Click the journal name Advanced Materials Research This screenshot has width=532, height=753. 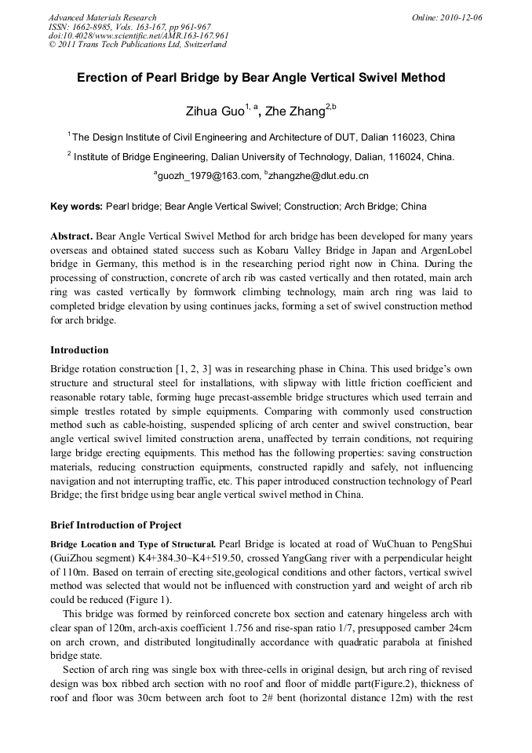102,17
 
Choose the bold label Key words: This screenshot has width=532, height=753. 76,207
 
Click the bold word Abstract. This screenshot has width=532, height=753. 71,236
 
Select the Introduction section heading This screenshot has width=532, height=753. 79,350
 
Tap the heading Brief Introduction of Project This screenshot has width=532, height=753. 115,525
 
